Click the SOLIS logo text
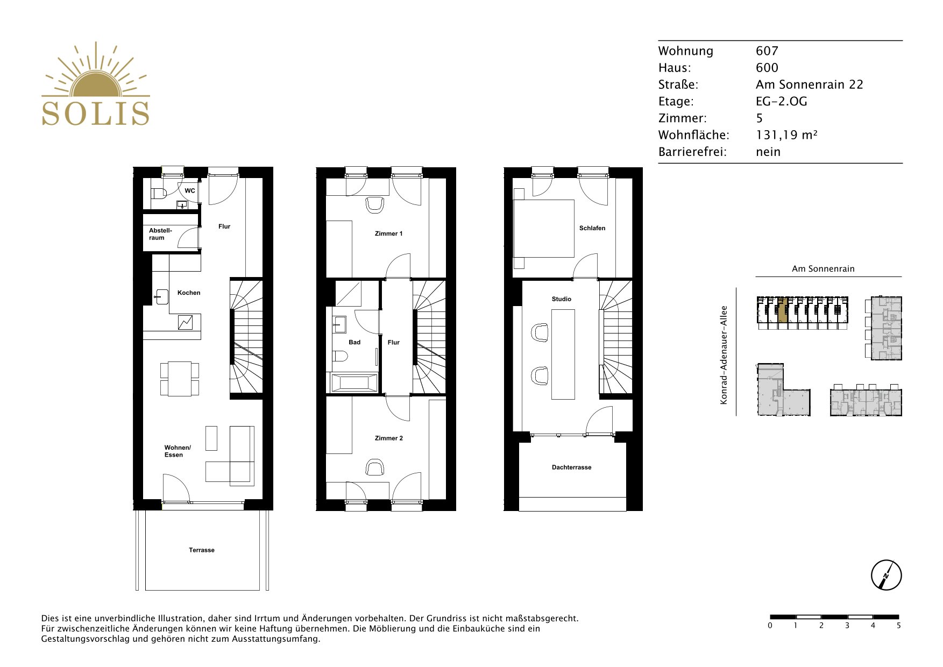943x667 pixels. click(96, 113)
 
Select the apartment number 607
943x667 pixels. click(767, 51)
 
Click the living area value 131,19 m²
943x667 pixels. click(786, 135)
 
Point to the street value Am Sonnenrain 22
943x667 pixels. click(809, 84)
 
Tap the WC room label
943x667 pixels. click(190, 191)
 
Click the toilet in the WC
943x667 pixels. click(159, 194)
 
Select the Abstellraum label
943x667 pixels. click(160, 234)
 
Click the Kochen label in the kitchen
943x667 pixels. click(189, 293)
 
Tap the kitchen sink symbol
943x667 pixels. click(161, 296)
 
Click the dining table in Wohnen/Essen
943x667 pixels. click(180, 379)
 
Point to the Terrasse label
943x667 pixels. click(202, 550)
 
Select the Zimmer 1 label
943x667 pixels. click(389, 233)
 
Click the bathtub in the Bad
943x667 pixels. click(352, 383)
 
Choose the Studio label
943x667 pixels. click(562, 299)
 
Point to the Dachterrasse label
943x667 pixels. click(572, 467)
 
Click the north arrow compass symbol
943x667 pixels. click(886, 575)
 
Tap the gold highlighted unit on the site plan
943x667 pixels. click(783, 310)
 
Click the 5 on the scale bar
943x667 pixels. click(898, 626)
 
